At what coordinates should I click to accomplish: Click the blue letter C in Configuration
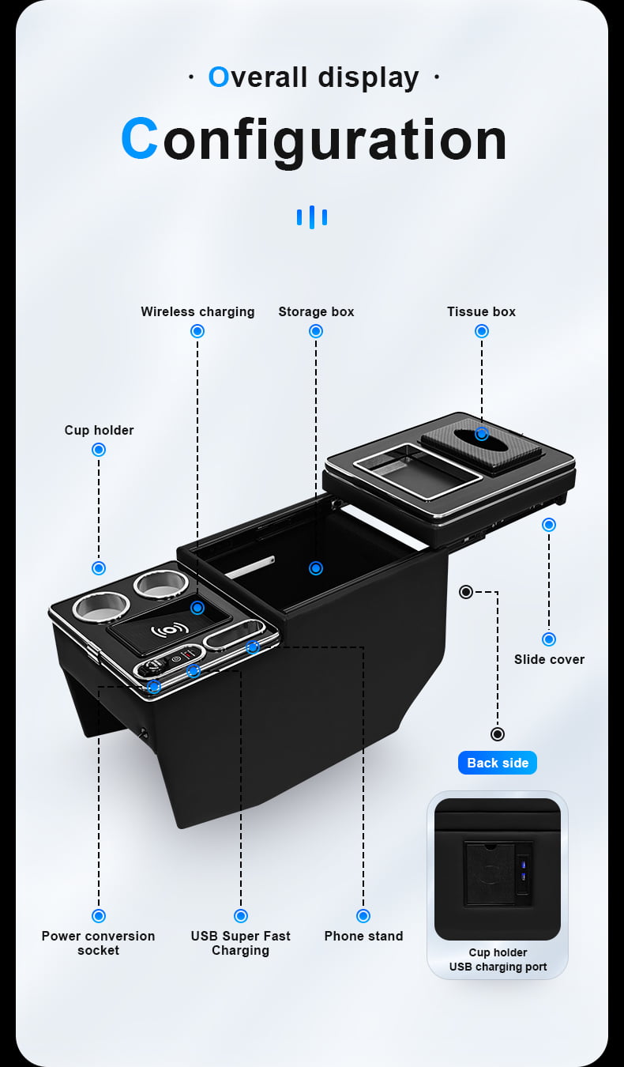pyautogui.click(x=140, y=138)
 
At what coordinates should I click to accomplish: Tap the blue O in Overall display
pyautogui.click(x=219, y=77)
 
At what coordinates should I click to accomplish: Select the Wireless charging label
pyautogui.click(x=197, y=311)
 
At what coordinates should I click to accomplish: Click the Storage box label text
pyautogui.click(x=316, y=311)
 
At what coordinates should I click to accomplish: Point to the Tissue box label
pyautogui.click(x=481, y=311)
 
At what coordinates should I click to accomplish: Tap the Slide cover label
pyautogui.click(x=549, y=659)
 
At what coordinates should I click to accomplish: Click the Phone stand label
pyautogui.click(x=363, y=936)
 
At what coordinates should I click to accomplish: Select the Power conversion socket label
pyautogui.click(x=98, y=943)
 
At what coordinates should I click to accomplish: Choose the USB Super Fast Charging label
pyautogui.click(x=240, y=943)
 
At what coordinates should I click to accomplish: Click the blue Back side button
pyautogui.click(x=498, y=763)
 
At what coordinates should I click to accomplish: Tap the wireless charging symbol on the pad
pyautogui.click(x=170, y=630)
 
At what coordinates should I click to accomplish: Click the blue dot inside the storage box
pyautogui.click(x=316, y=568)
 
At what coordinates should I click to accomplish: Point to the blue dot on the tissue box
pyautogui.click(x=482, y=434)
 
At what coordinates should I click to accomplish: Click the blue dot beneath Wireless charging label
pyautogui.click(x=197, y=331)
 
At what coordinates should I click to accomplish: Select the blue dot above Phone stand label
pyautogui.click(x=363, y=915)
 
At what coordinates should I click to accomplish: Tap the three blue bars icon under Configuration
pyautogui.click(x=312, y=217)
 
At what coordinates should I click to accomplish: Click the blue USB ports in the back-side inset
pyautogui.click(x=524, y=870)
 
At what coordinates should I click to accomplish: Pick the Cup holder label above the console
pyautogui.click(x=99, y=430)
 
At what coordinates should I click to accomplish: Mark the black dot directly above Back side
pyautogui.click(x=498, y=734)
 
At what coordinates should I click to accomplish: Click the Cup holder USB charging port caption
pyautogui.click(x=498, y=960)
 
